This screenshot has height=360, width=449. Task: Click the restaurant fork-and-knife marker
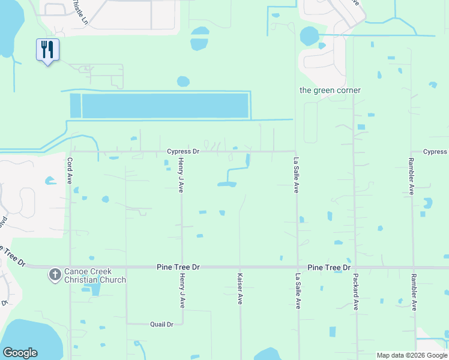click(x=48, y=49)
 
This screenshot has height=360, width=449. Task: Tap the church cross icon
click(x=55, y=275)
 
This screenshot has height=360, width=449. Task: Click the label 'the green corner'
click(x=330, y=90)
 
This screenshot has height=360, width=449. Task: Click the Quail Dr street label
click(x=161, y=324)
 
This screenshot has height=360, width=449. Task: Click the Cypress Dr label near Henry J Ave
click(x=182, y=152)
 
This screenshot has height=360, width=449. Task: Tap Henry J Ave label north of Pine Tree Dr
click(x=181, y=176)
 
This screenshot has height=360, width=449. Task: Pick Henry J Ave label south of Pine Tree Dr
click(x=181, y=292)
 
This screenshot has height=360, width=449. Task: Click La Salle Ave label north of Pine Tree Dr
click(x=295, y=175)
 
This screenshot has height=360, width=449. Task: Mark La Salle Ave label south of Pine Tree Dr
click(x=297, y=292)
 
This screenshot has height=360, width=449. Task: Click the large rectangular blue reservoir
click(x=164, y=106)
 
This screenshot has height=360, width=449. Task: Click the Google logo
click(x=20, y=353)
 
